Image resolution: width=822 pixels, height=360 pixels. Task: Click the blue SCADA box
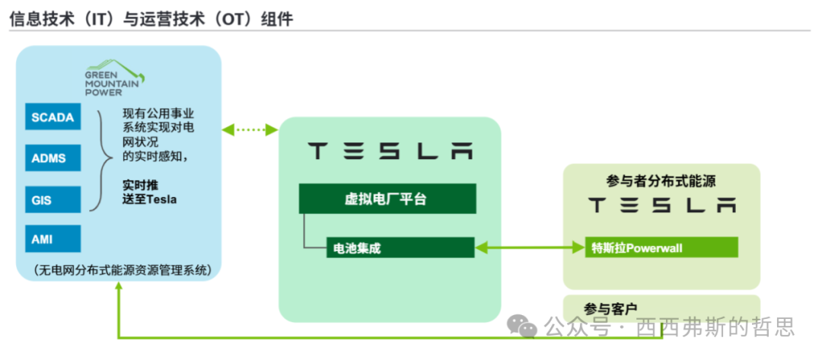pyautogui.click(x=53, y=117)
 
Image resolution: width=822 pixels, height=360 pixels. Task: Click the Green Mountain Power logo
pyautogui.click(x=115, y=77)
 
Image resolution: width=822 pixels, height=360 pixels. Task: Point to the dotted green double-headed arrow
pyautogui.click(x=250, y=131)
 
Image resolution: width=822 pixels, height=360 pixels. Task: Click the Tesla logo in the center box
pyautogui.click(x=389, y=151)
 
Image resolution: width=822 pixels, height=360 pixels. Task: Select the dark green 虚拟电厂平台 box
pyautogui.click(x=387, y=200)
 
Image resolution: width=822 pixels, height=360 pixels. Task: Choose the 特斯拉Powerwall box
pyautogui.click(x=661, y=247)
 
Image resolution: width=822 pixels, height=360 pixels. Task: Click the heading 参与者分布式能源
pyautogui.click(x=661, y=181)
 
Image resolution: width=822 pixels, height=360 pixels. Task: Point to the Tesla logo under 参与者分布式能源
pyautogui.click(x=662, y=205)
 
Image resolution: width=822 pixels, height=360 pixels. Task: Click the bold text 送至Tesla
pyautogui.click(x=150, y=199)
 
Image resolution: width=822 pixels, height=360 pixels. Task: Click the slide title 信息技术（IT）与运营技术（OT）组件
pyautogui.click(x=151, y=19)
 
